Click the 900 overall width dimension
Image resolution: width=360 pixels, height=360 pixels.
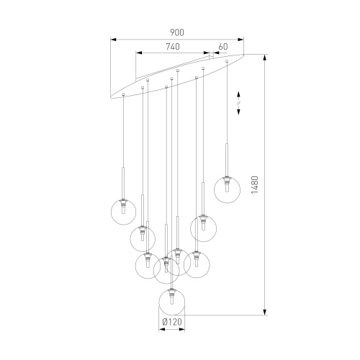177,32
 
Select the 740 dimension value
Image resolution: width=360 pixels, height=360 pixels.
172,46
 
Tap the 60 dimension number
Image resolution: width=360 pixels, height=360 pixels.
222,46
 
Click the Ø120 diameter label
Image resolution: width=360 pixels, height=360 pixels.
171,321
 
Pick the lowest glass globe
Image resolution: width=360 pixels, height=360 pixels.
171,300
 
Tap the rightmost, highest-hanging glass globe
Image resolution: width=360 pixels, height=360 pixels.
228,190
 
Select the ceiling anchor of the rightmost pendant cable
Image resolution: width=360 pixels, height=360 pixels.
228,60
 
